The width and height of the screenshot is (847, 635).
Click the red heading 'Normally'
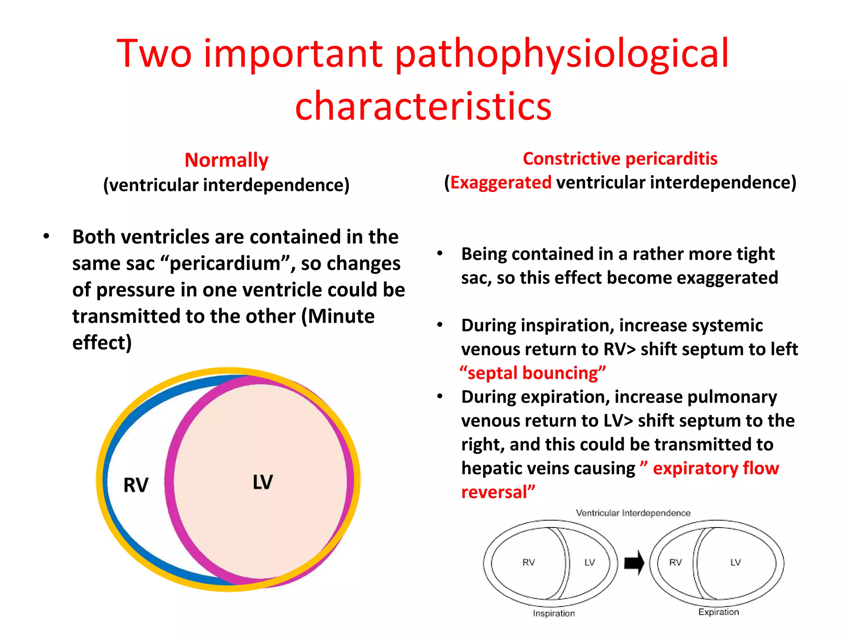click(x=226, y=160)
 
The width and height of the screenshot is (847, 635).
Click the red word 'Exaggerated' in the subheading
click(x=501, y=183)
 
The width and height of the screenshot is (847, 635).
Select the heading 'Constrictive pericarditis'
click(x=620, y=159)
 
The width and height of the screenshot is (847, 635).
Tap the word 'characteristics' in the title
click(x=423, y=106)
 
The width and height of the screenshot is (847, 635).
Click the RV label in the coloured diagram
click(x=136, y=485)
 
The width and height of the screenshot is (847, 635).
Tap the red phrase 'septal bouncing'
click(x=533, y=373)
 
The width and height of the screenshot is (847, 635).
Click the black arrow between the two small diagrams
click(x=634, y=563)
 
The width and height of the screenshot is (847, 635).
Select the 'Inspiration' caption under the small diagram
click(x=554, y=613)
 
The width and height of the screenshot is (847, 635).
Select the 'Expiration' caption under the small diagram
click(x=718, y=612)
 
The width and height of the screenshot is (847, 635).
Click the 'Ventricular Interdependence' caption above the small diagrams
click(x=633, y=513)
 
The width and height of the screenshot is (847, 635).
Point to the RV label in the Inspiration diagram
click(x=529, y=562)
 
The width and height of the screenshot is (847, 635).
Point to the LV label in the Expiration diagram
click(x=735, y=562)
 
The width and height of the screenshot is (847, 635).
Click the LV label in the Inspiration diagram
click(x=589, y=562)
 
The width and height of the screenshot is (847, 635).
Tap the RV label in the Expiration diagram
click(x=675, y=562)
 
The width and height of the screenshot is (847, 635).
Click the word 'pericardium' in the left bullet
click(x=225, y=263)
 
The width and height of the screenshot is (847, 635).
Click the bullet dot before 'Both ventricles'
click(x=46, y=236)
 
